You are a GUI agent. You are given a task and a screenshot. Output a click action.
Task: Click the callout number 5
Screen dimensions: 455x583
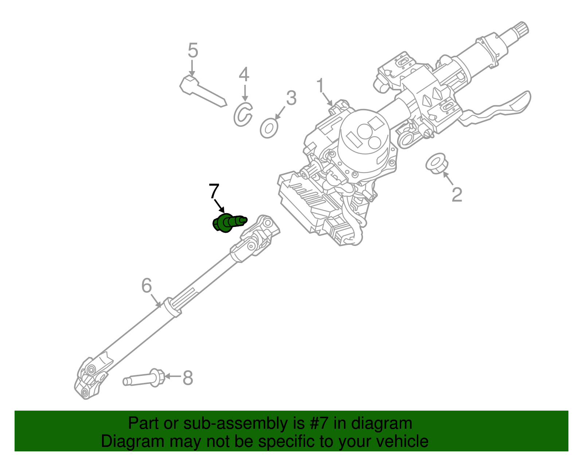(193, 51)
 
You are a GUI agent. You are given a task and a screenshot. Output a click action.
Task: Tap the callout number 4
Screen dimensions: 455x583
(244, 75)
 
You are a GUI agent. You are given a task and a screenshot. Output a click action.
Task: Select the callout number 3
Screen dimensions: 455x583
(291, 98)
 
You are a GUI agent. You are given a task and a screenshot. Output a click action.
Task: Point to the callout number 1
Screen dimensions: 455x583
(320, 86)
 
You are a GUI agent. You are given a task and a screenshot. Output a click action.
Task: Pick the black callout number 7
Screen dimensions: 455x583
(214, 191)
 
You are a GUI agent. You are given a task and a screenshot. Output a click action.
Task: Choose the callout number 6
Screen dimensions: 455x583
(146, 286)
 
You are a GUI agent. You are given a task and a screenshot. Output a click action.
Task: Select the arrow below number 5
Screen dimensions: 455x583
(192, 68)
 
